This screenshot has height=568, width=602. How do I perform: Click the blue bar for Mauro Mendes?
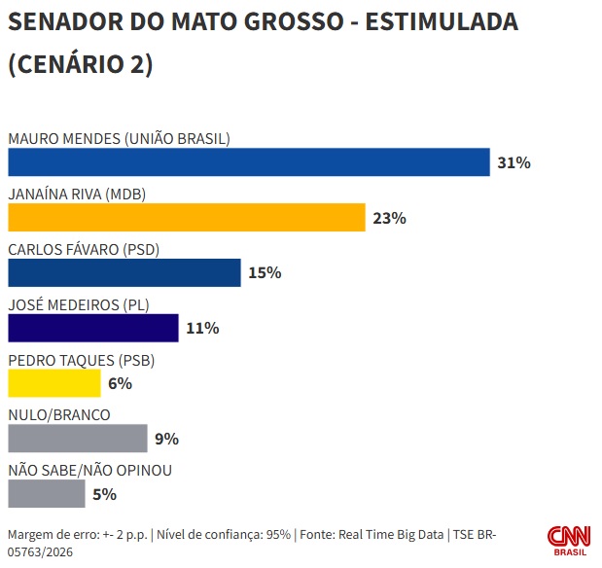click(x=248, y=162)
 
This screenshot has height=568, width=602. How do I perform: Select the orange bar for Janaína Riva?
click(x=186, y=218)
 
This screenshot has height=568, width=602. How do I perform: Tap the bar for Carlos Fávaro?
click(x=124, y=273)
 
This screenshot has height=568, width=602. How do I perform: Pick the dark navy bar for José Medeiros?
click(x=92, y=329)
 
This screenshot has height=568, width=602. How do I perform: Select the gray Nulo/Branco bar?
click(x=77, y=439)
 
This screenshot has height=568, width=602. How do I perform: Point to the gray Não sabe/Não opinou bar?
click(x=46, y=494)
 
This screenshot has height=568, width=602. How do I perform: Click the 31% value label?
click(x=513, y=162)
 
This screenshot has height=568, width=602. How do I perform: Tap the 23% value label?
click(x=389, y=218)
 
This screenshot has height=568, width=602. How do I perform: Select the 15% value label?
click(x=265, y=273)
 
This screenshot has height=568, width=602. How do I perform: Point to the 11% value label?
click(x=202, y=329)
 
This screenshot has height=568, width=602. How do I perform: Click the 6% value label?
click(x=120, y=384)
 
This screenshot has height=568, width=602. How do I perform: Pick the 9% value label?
click(x=166, y=439)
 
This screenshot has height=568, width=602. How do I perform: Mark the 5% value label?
click(x=104, y=494)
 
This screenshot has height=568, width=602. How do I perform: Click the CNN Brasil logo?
click(x=568, y=541)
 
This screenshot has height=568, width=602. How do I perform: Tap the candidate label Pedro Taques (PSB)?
click(x=82, y=360)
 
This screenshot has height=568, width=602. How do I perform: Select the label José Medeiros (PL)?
click(x=78, y=304)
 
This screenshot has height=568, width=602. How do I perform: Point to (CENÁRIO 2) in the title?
click(x=80, y=64)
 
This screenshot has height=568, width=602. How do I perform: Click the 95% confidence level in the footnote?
click(x=278, y=534)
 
